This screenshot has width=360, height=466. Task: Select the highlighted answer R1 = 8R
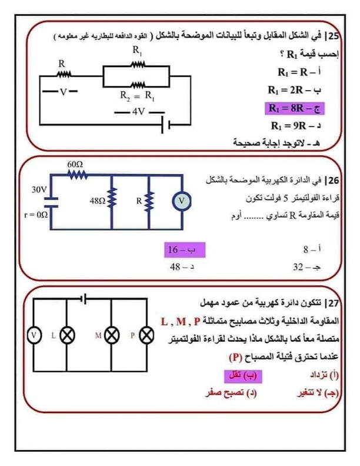click(x=296, y=108)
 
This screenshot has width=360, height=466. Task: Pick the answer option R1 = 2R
click(x=295, y=91)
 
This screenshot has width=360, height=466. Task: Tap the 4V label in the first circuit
click(x=138, y=111)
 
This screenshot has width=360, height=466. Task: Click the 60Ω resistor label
click(x=75, y=162)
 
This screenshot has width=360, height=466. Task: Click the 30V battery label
click(x=39, y=190)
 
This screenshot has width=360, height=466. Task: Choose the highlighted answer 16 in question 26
click(x=179, y=250)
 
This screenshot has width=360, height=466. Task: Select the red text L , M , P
click(x=181, y=321)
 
